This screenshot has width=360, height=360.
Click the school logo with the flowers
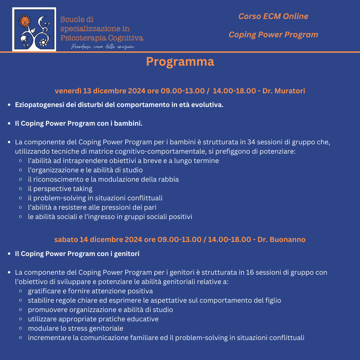click(x=34, y=29)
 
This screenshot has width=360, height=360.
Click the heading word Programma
click(x=180, y=62)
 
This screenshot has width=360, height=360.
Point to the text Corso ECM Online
click(x=273, y=16)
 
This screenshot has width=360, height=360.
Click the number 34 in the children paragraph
click(x=252, y=142)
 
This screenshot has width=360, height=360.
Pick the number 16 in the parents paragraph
click(x=250, y=272)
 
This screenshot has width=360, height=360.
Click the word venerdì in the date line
click(x=68, y=91)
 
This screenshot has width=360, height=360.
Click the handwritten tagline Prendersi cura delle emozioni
click(x=103, y=47)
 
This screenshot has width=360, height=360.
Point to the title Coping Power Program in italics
click(x=273, y=35)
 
